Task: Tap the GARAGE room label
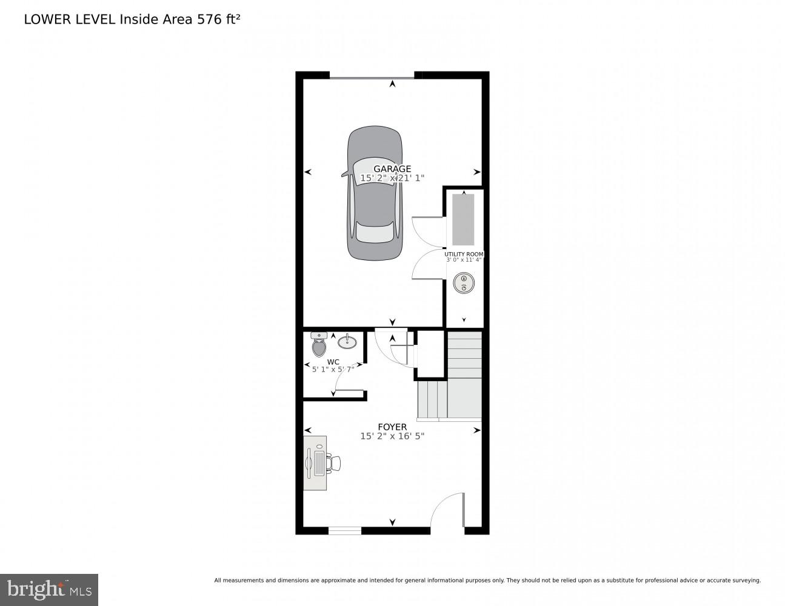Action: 392,169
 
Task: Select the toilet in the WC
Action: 319,345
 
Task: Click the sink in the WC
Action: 347,342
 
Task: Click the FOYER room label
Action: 392,427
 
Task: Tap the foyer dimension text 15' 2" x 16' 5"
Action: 392,436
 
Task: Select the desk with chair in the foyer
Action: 318,463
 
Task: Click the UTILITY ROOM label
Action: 464,255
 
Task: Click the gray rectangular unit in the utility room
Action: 463,219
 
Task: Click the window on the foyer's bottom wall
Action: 345,531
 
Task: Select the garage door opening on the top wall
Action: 372,76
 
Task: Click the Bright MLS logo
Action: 48,589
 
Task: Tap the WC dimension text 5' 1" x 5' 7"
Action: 333,369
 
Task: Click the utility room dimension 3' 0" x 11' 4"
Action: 464,261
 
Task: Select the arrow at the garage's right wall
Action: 477,172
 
